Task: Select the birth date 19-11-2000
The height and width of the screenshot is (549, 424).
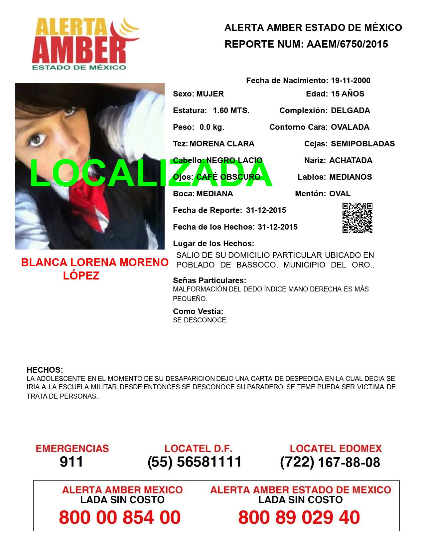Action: [x=351, y=81]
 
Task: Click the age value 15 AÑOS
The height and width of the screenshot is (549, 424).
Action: [x=348, y=94]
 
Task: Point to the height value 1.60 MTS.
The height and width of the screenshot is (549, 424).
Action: [x=231, y=110]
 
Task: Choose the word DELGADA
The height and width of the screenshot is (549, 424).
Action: [x=350, y=110]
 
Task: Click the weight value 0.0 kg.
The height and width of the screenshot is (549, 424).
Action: [x=212, y=127]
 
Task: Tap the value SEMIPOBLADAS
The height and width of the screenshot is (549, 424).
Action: [x=363, y=144]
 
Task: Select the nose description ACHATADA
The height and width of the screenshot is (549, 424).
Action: [x=351, y=160]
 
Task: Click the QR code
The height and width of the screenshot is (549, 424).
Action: [x=357, y=218]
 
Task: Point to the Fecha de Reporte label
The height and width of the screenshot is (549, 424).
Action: [x=208, y=210]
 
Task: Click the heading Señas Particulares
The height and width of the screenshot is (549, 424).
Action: [x=210, y=280]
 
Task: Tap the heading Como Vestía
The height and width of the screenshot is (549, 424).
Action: [x=198, y=311]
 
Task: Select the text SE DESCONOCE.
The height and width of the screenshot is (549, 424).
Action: [x=200, y=320]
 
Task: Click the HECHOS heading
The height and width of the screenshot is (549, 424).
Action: [x=45, y=370]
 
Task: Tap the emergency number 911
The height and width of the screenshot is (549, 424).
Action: [x=71, y=462]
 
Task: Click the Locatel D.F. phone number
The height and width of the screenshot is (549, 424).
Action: [x=195, y=462]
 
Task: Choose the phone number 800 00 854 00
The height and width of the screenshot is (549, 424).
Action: [x=120, y=517]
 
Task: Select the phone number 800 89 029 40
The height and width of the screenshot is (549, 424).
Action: [x=299, y=517]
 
